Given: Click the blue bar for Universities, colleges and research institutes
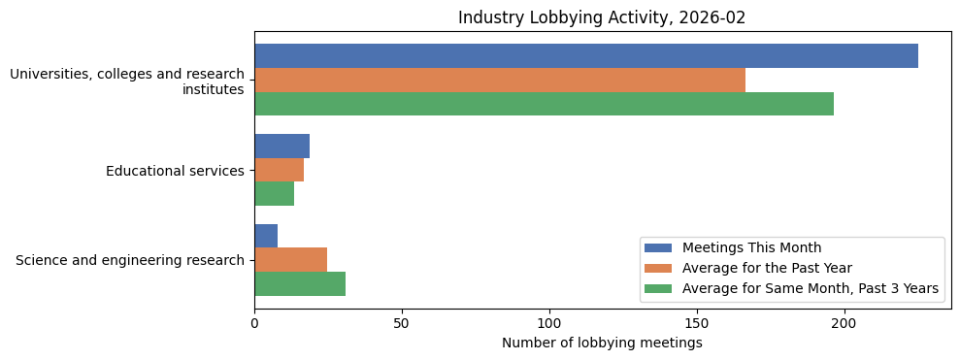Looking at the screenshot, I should tap(585, 56).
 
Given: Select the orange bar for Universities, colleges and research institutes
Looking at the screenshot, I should tap(499, 81).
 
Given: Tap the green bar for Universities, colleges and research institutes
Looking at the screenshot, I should tap(544, 104).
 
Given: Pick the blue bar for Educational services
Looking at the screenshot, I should tap(281, 147).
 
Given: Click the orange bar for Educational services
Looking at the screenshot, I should tap(279, 170).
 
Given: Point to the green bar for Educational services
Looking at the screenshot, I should tap(274, 193).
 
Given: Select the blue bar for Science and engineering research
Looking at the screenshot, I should tap(266, 236).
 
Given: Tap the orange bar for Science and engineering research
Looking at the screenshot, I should tap(290, 259).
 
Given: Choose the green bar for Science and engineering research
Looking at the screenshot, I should tap(299, 283).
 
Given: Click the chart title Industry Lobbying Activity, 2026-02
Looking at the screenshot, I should tap(602, 17).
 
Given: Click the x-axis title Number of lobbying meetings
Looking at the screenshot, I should tap(602, 343).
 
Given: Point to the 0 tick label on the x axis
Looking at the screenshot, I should tap(254, 323).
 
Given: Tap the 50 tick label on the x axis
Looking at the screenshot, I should tap(402, 323).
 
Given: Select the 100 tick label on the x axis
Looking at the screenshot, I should tap(549, 323).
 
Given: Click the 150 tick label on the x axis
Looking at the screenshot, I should tap(697, 323).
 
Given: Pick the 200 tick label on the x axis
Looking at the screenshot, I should tap(844, 323).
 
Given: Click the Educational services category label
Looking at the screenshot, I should tap(175, 171).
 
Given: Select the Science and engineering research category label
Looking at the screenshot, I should tap(130, 260).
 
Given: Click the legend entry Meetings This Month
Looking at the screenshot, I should tap(751, 247).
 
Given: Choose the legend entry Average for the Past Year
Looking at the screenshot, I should tap(767, 268).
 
